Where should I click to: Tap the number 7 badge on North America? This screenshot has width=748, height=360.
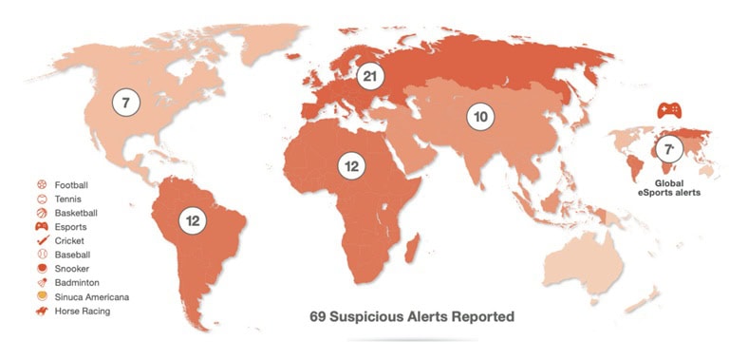click(x=125, y=101)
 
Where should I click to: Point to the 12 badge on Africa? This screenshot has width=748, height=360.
click(x=351, y=167)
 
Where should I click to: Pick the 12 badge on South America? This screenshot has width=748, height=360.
click(x=194, y=220)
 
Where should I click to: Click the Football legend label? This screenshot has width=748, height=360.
click(x=71, y=184)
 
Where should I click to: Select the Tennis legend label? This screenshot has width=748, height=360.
click(x=68, y=199)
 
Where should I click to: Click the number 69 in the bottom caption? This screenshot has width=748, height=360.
click(x=320, y=316)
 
